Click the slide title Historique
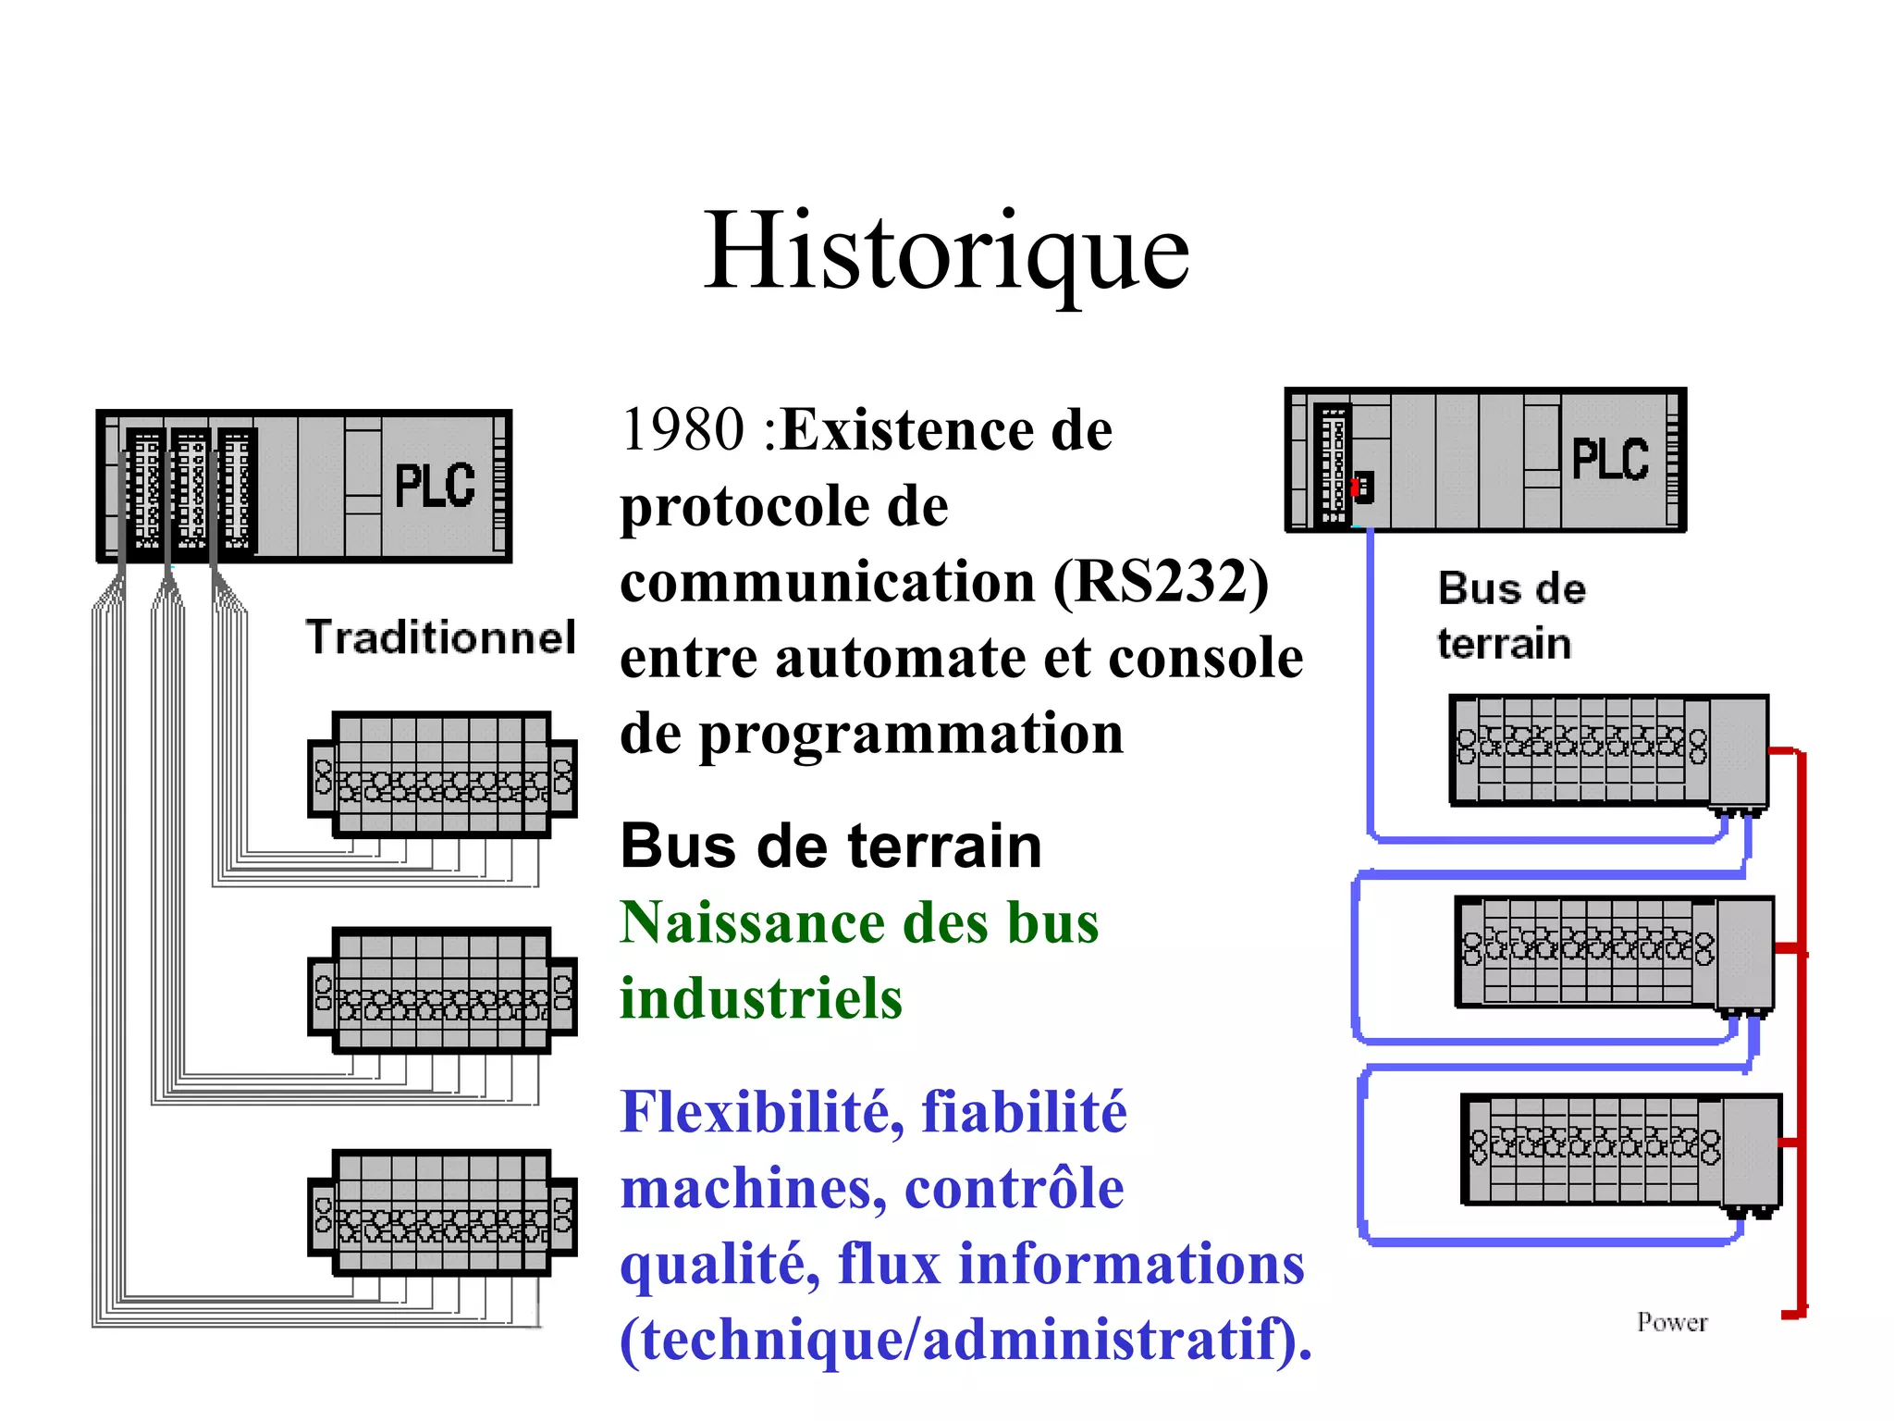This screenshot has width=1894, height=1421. coord(946,252)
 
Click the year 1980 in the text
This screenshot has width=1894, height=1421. coord(683,429)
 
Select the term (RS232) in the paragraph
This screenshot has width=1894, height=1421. coord(1161,583)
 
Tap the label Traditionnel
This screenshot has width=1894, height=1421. coord(440,636)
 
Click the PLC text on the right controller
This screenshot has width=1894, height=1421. coord(1610,460)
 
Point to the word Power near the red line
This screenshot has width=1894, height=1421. coord(1671,1322)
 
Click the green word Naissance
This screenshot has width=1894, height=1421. coord(752,922)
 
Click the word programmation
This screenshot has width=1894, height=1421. coord(911,734)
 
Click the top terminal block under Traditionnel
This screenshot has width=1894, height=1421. coord(442,775)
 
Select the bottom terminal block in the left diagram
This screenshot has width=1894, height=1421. coord(442,1213)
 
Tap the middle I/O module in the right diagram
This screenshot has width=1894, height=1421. coord(1614,952)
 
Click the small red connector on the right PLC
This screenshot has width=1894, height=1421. coord(1357,486)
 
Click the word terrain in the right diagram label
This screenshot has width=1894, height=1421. coord(1504,644)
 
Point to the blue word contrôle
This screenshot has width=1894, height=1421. coord(1014,1188)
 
